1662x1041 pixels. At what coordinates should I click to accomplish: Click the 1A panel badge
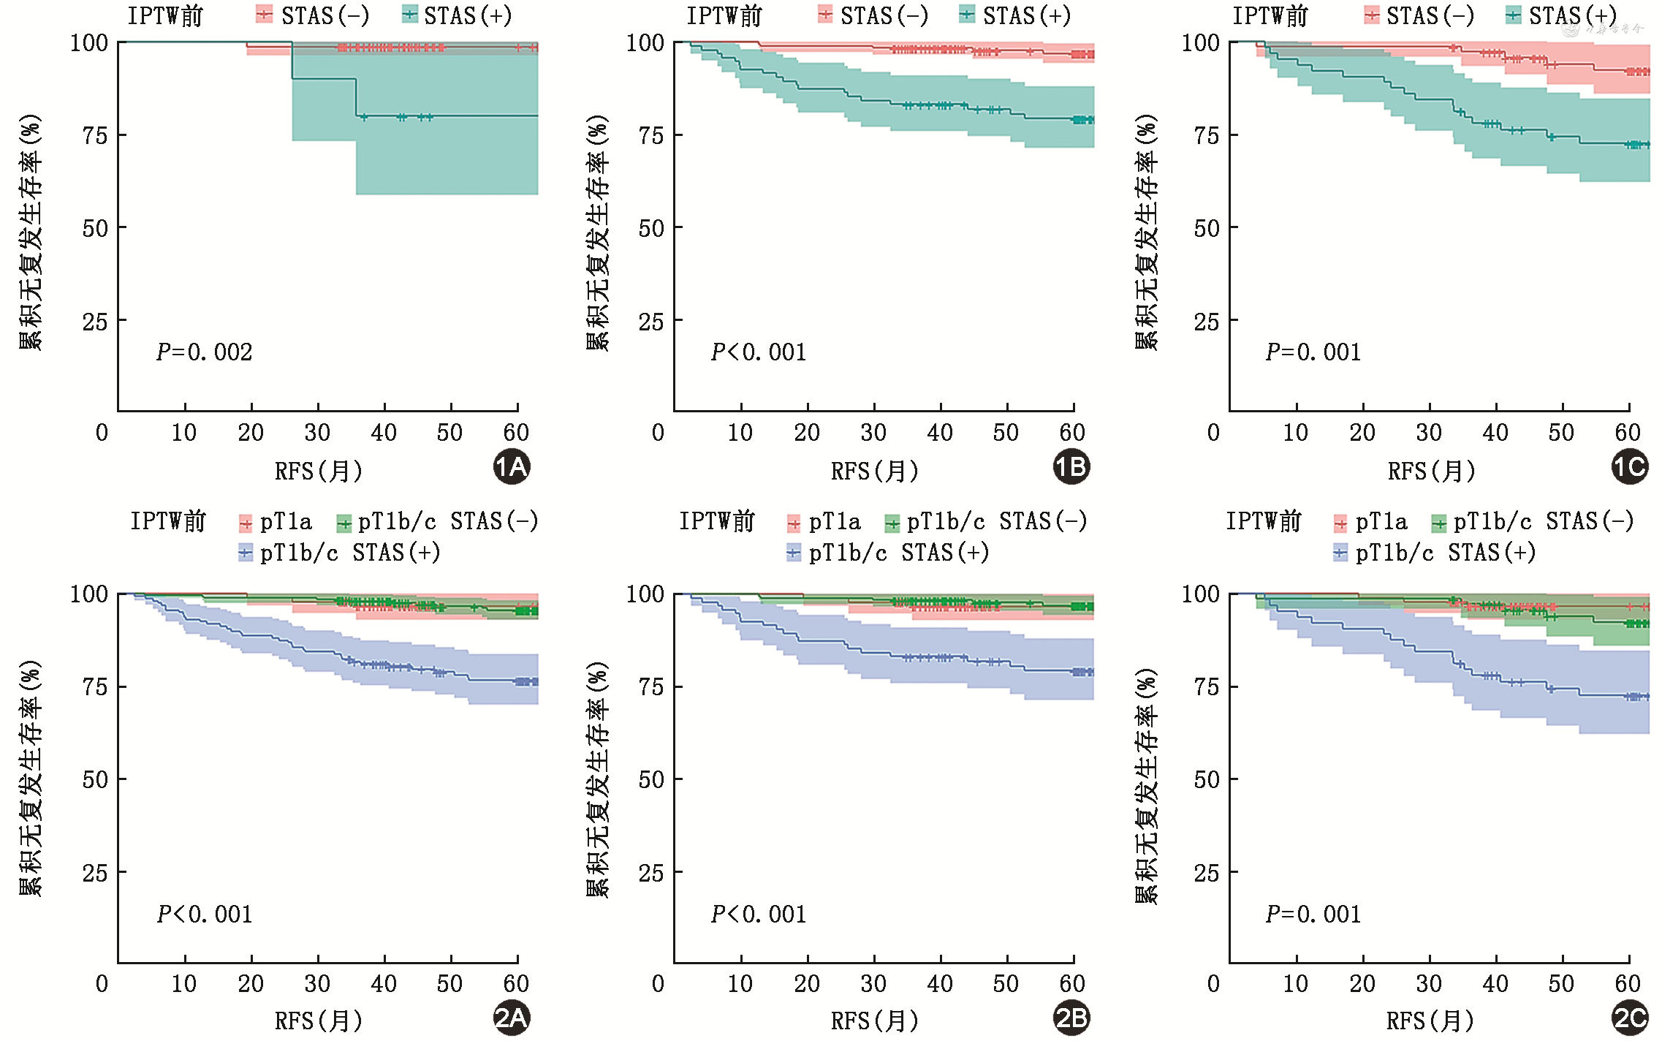point(512,467)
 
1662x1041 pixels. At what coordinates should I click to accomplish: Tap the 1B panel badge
point(1071,467)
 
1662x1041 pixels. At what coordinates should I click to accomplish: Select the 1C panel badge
point(1630,467)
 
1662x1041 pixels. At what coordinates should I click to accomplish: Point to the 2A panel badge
point(512,1018)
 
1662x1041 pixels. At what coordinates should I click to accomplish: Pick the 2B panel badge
point(1071,1018)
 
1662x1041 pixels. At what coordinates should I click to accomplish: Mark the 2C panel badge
point(1630,1018)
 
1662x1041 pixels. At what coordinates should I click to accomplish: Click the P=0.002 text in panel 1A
point(205,352)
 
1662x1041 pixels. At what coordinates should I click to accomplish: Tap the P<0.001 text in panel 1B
point(759,352)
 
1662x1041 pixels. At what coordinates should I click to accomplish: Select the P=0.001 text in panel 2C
point(1313,915)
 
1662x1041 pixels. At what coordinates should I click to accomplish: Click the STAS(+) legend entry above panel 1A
point(458,15)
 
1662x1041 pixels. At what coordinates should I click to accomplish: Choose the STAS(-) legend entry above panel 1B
point(874,15)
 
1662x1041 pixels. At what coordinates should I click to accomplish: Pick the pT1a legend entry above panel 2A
point(276,522)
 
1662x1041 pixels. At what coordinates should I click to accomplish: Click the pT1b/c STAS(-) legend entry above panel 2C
point(1533,522)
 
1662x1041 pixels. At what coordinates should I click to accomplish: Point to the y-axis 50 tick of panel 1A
point(95,228)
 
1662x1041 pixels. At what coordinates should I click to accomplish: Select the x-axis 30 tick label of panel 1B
point(873,433)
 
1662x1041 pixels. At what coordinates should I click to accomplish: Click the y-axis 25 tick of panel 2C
point(1207,873)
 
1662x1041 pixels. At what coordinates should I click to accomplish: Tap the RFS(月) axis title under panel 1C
point(1431,472)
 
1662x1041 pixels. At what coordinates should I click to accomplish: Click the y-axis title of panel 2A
point(31,779)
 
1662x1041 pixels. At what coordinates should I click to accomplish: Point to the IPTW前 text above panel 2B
point(717,522)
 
